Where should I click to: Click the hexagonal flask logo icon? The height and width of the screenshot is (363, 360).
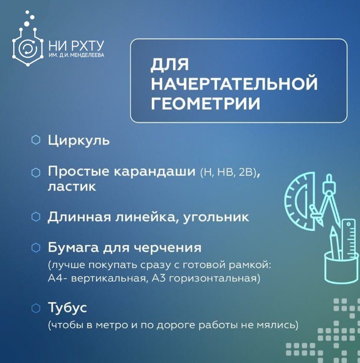point(28,44)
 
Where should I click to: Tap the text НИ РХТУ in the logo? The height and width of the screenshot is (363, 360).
point(76,46)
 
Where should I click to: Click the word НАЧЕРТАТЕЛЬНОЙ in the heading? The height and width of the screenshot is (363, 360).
point(234,83)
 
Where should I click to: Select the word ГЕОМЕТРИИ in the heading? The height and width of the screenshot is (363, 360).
point(206,103)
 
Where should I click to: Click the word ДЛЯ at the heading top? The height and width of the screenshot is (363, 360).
point(170,65)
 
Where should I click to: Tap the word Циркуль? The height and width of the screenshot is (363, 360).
point(79,140)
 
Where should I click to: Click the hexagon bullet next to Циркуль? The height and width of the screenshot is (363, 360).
point(36,140)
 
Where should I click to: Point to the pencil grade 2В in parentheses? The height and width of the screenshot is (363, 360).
point(245,173)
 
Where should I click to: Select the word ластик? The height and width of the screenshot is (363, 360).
point(72,187)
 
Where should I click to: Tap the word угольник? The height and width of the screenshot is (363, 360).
point(216,217)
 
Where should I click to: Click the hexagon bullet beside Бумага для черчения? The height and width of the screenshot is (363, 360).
point(36,247)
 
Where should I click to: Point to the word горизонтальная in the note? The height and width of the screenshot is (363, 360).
point(214,278)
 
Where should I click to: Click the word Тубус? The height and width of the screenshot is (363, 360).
point(67,308)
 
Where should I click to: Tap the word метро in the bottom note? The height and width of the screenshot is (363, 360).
point(112,325)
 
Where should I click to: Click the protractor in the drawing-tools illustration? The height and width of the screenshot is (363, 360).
point(300,201)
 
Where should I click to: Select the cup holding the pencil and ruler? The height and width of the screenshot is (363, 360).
point(342,268)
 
